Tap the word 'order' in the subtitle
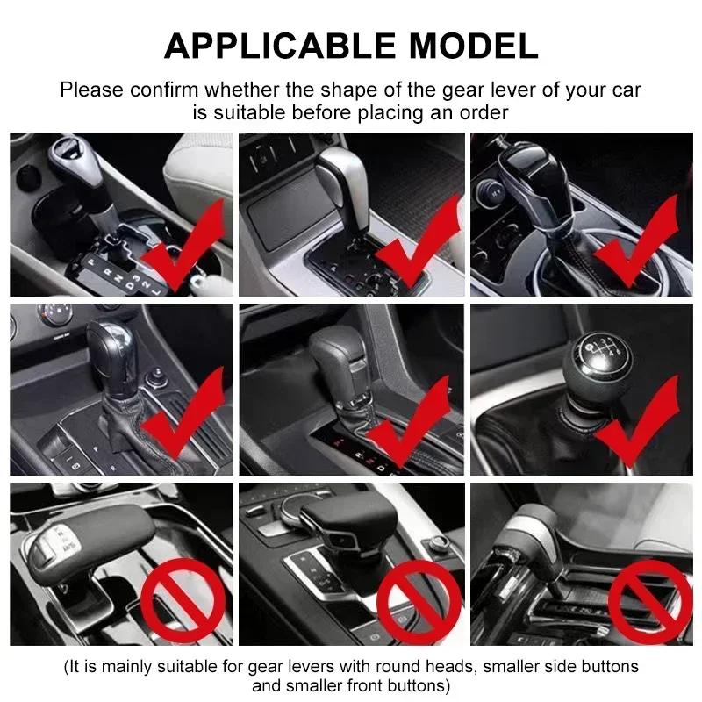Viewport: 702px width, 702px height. [474, 112]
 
